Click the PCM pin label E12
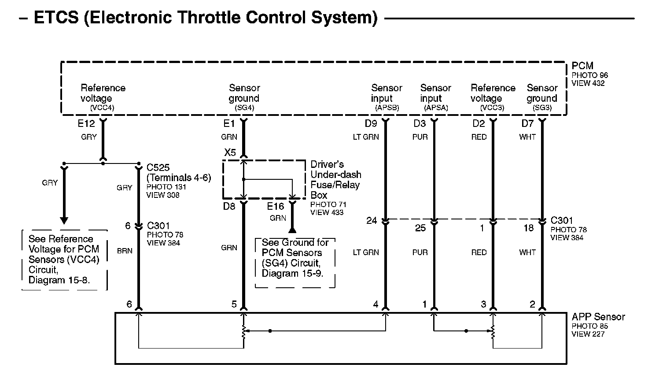click(x=86, y=124)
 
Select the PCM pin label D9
click(x=371, y=124)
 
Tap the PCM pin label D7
click(x=527, y=124)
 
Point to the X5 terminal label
click(x=230, y=153)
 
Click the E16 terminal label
click(x=276, y=206)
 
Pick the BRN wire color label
click(x=125, y=251)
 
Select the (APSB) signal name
click(x=387, y=108)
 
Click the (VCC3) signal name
click(x=492, y=108)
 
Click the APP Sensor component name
click(x=598, y=317)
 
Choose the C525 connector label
click(x=158, y=168)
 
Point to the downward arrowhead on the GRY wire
click(x=64, y=220)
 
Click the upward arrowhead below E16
click(x=292, y=229)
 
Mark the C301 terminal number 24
click(x=372, y=220)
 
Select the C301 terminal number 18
click(x=528, y=228)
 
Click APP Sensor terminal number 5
click(x=234, y=304)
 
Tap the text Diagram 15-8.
click(x=59, y=280)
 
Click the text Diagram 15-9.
click(x=292, y=273)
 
